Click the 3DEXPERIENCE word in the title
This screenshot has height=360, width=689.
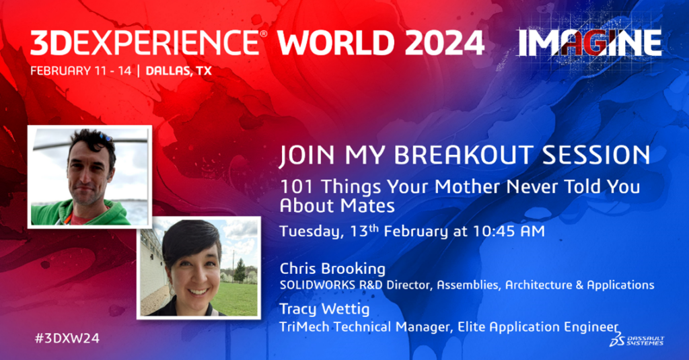click(145, 43)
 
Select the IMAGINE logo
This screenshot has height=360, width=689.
click(589, 42)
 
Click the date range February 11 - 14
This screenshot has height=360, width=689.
click(81, 71)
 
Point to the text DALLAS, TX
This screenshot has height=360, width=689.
click(178, 71)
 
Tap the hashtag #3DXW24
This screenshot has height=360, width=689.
click(67, 338)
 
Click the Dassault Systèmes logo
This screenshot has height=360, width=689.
click(637, 339)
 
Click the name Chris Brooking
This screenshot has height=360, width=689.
click(332, 268)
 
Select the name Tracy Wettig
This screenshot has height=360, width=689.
click(324, 309)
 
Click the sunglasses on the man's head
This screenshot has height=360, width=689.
click(104, 138)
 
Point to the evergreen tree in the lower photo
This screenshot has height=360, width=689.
click(240, 271)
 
